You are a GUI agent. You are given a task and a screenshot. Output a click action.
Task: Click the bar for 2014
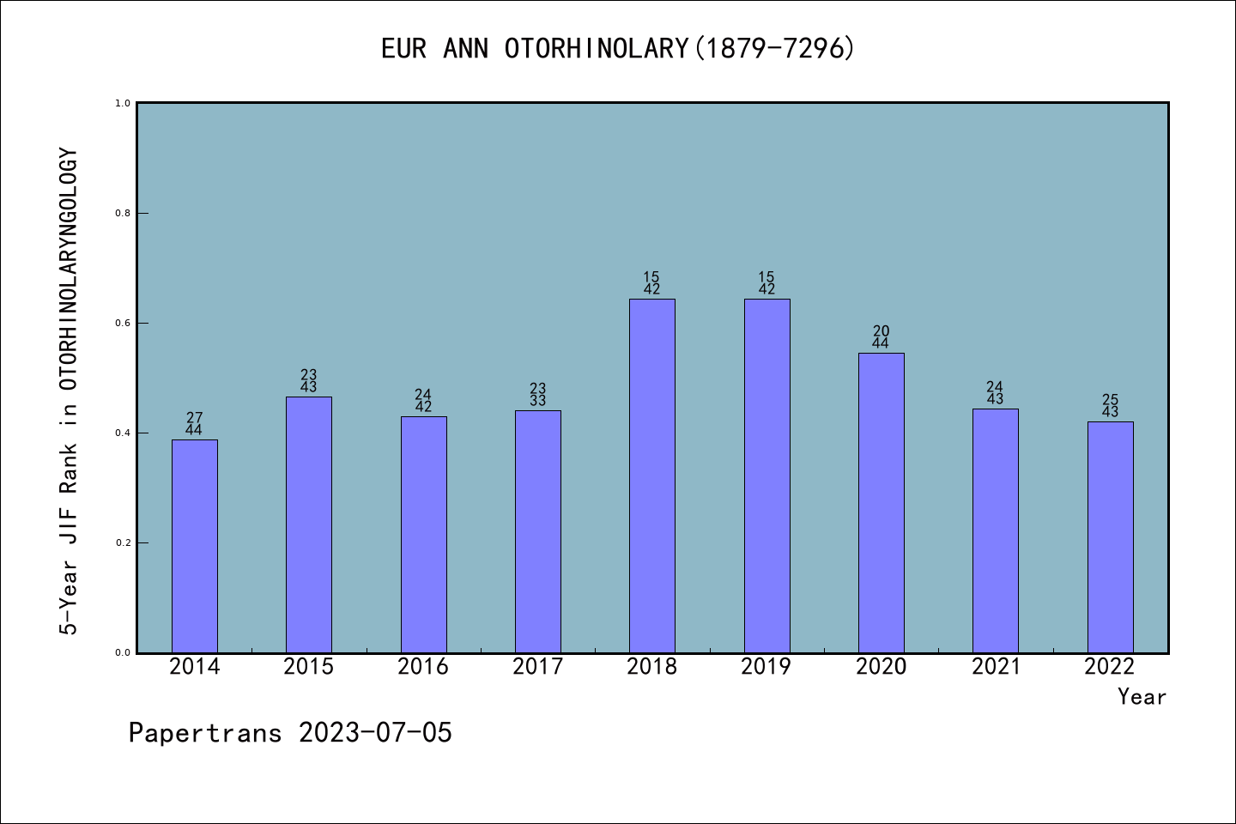pos(195,546)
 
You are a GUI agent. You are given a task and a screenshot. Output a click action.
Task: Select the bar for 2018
pos(652,476)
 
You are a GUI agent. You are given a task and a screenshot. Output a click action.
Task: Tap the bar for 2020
pos(881,503)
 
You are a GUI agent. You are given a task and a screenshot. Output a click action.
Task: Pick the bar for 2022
pos(1110,537)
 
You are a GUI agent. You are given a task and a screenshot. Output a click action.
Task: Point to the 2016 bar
pos(423,535)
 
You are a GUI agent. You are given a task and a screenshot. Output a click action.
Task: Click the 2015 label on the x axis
pos(309,667)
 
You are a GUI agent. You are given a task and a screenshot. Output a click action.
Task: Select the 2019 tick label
pos(766,667)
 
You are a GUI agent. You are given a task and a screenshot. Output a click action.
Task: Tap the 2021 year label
pos(996,667)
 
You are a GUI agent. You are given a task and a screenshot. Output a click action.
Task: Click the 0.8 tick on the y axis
pos(123,213)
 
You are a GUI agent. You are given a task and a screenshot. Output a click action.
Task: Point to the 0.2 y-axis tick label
pos(123,542)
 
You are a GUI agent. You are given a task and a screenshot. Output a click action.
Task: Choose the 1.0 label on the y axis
pos(123,103)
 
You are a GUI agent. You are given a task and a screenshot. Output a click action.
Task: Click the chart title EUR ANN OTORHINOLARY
pos(618,49)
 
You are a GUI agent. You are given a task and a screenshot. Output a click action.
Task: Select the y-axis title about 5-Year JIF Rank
pos(69,391)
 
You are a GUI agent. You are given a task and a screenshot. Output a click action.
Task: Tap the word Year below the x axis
pos(1142,697)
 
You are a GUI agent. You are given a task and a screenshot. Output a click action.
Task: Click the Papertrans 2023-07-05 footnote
pos(290,733)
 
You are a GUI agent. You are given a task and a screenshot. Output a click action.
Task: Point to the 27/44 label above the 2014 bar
pos(195,424)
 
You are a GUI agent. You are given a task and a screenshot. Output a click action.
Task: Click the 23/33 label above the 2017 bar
pos(538,395)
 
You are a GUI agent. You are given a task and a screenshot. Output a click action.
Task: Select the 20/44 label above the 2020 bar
pos(881,337)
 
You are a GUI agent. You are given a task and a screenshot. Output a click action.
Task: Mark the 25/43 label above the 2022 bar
pos(1110,406)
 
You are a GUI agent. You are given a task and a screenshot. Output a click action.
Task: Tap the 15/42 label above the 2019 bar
pos(766,283)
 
